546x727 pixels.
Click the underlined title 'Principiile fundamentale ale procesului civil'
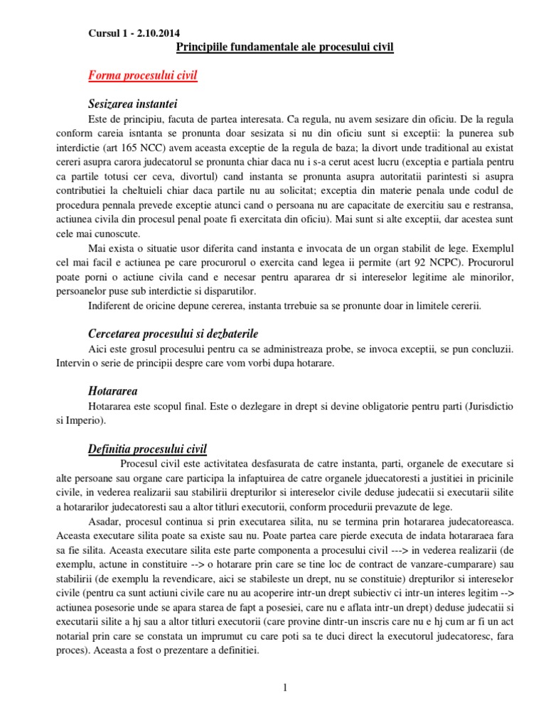[x=284, y=48]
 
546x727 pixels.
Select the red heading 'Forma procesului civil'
[x=143, y=76]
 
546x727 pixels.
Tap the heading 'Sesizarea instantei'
[x=134, y=104]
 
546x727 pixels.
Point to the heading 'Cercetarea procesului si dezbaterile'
[x=173, y=333]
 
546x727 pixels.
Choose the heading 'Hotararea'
[x=113, y=391]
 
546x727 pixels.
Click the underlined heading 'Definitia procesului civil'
[x=147, y=449]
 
